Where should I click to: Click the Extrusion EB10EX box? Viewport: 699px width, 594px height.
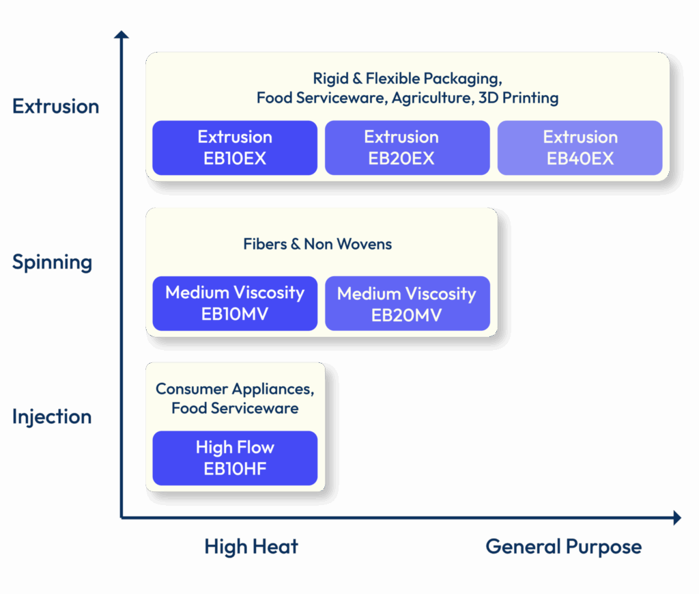click(235, 148)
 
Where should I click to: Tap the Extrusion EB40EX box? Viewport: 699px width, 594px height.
click(580, 148)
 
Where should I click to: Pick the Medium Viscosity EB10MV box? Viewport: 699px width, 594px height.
click(235, 303)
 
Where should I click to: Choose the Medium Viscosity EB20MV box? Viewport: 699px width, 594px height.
click(407, 303)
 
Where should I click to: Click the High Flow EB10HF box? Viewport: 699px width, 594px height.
click(235, 458)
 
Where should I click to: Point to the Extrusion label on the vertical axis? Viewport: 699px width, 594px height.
click(55, 107)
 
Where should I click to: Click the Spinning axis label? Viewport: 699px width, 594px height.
click(52, 262)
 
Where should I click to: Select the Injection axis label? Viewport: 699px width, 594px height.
click(52, 417)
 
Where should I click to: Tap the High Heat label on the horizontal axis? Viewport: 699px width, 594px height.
click(251, 547)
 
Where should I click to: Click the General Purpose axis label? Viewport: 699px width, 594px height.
click(563, 547)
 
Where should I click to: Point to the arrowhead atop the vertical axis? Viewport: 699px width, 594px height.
click(122, 34)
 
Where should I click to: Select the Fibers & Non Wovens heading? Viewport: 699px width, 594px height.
click(317, 244)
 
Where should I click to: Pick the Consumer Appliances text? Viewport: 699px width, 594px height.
click(235, 389)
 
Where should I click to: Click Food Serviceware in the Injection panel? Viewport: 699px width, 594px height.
click(235, 409)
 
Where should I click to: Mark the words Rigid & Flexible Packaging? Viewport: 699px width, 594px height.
click(407, 78)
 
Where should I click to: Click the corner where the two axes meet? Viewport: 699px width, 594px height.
click(122, 517)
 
